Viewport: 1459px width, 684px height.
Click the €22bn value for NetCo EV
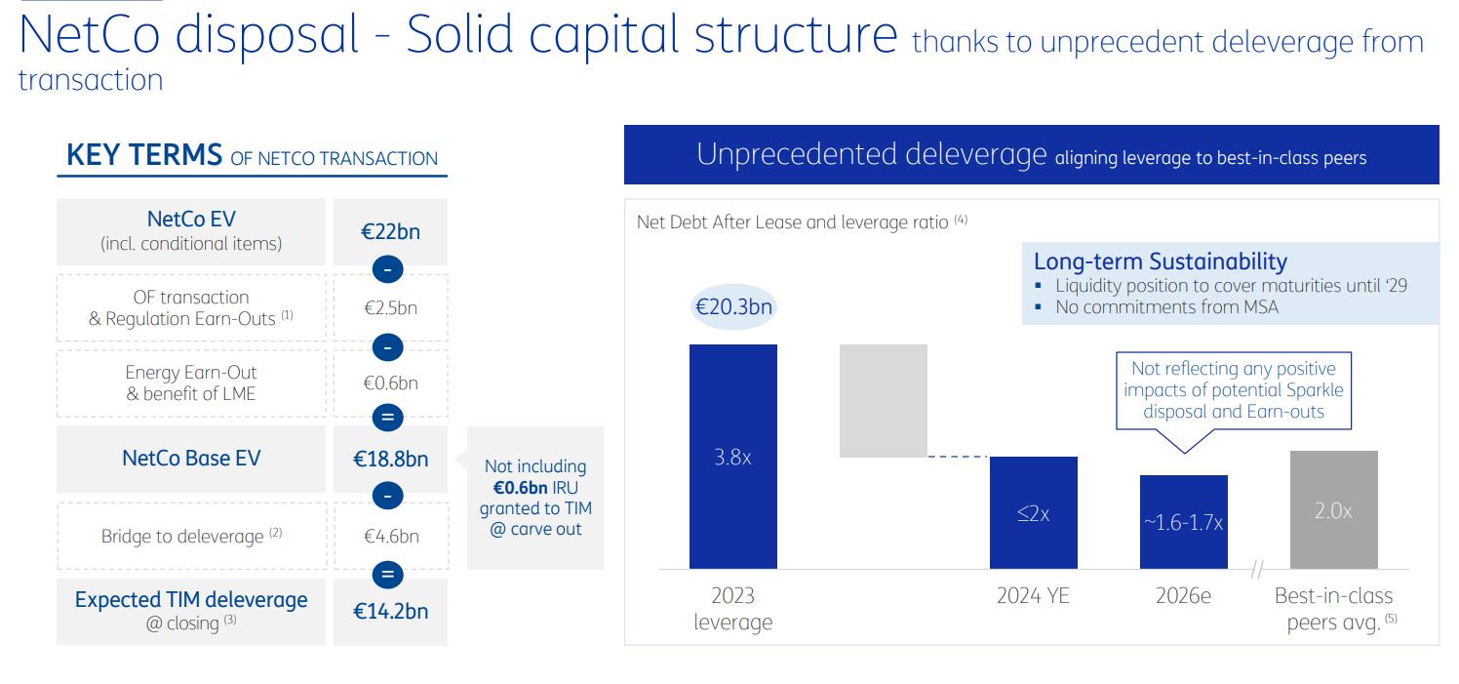tap(390, 232)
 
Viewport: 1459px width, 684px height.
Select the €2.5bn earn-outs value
tap(390, 308)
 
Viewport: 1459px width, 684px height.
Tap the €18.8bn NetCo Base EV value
tap(390, 459)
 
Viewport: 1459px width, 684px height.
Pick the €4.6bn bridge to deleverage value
tap(390, 536)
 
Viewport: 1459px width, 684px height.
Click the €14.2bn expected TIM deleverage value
tap(390, 612)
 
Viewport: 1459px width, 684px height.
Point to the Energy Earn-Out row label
tap(191, 383)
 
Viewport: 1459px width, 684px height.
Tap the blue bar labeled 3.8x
tap(732, 456)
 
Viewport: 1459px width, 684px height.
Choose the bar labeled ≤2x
tap(1033, 512)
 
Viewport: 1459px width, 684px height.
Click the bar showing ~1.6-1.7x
tap(1183, 521)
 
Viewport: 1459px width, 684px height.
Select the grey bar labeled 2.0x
tap(1333, 509)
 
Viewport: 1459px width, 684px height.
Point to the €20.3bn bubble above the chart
tap(732, 307)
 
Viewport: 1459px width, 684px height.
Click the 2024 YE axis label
tap(1033, 595)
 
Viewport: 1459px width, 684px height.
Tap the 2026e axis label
tap(1183, 595)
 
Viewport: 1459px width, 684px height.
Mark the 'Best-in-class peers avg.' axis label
tap(1333, 609)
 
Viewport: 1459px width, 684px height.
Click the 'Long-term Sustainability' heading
tap(1160, 262)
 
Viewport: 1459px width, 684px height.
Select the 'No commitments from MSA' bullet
tap(1166, 306)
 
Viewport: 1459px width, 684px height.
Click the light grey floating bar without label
tap(883, 400)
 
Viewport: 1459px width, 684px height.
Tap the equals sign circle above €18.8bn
tap(387, 418)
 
